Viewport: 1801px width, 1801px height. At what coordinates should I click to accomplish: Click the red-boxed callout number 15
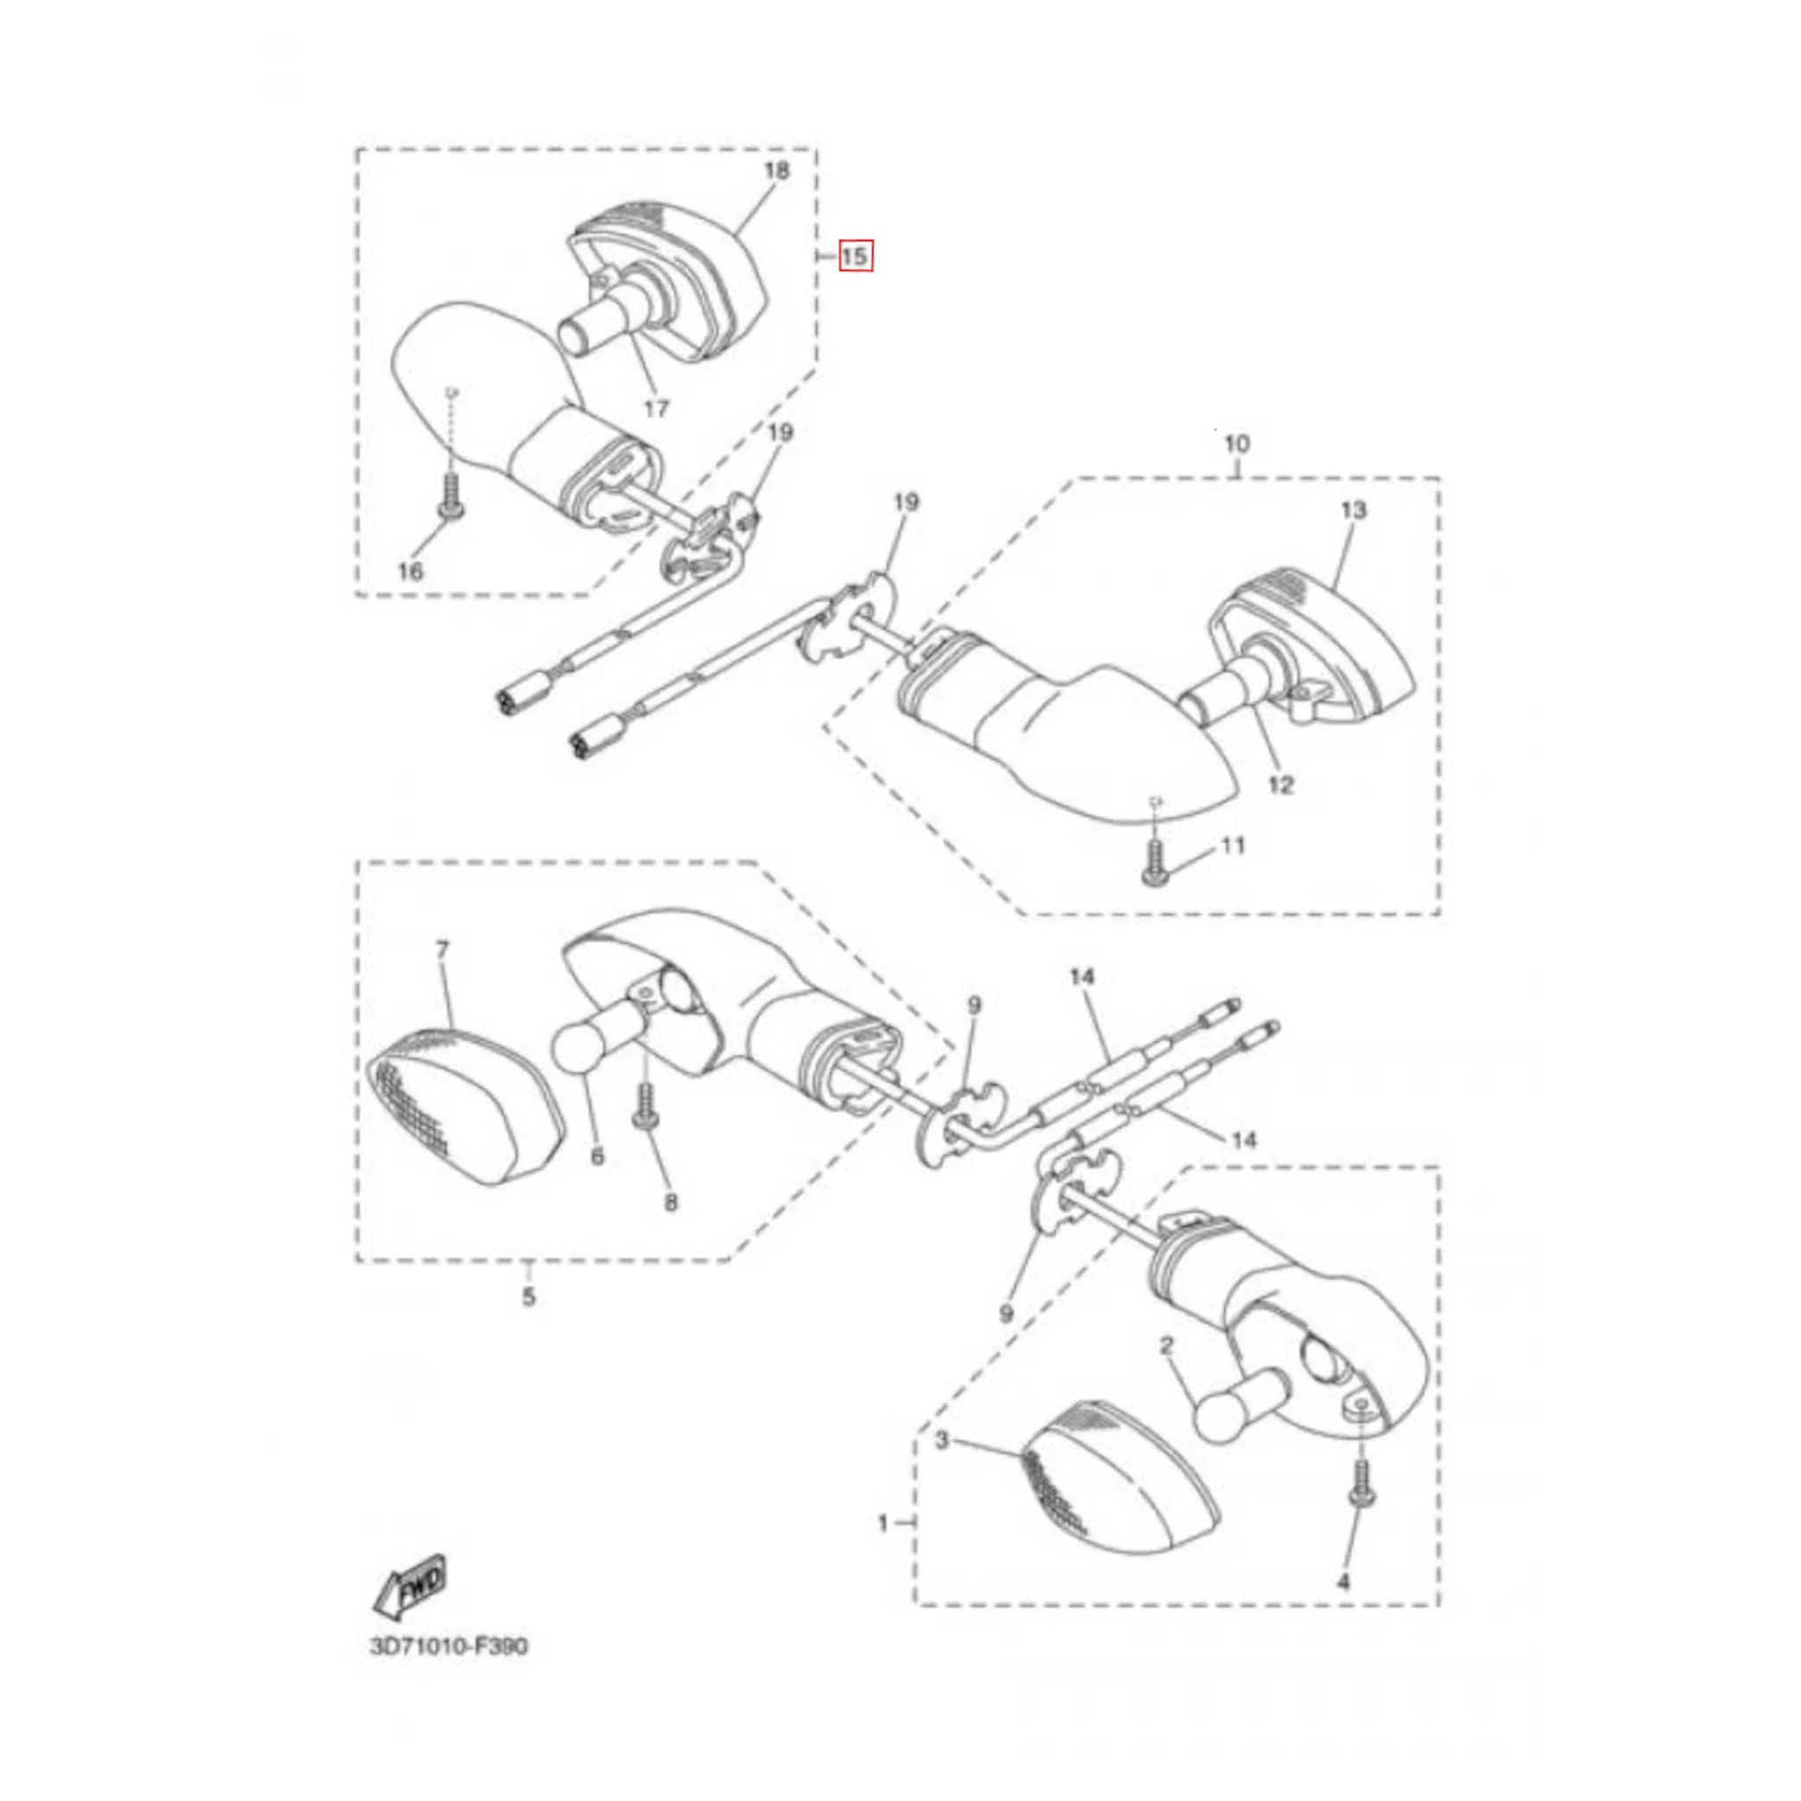click(855, 255)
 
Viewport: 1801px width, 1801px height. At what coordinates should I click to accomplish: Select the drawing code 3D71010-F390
click(449, 1646)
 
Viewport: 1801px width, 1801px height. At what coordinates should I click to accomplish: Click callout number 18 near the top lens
click(776, 170)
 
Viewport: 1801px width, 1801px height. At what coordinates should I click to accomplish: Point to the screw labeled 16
click(449, 496)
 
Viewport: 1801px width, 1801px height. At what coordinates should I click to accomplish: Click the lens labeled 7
click(464, 1106)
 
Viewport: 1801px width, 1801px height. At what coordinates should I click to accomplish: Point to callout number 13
click(1353, 510)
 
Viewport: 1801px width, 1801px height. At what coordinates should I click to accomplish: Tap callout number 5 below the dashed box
click(529, 1295)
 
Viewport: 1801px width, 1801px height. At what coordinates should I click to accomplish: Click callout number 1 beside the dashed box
click(883, 1523)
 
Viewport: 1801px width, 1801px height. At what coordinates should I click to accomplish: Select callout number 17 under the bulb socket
click(656, 408)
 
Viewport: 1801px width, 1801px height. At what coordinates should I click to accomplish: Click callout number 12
click(1282, 785)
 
